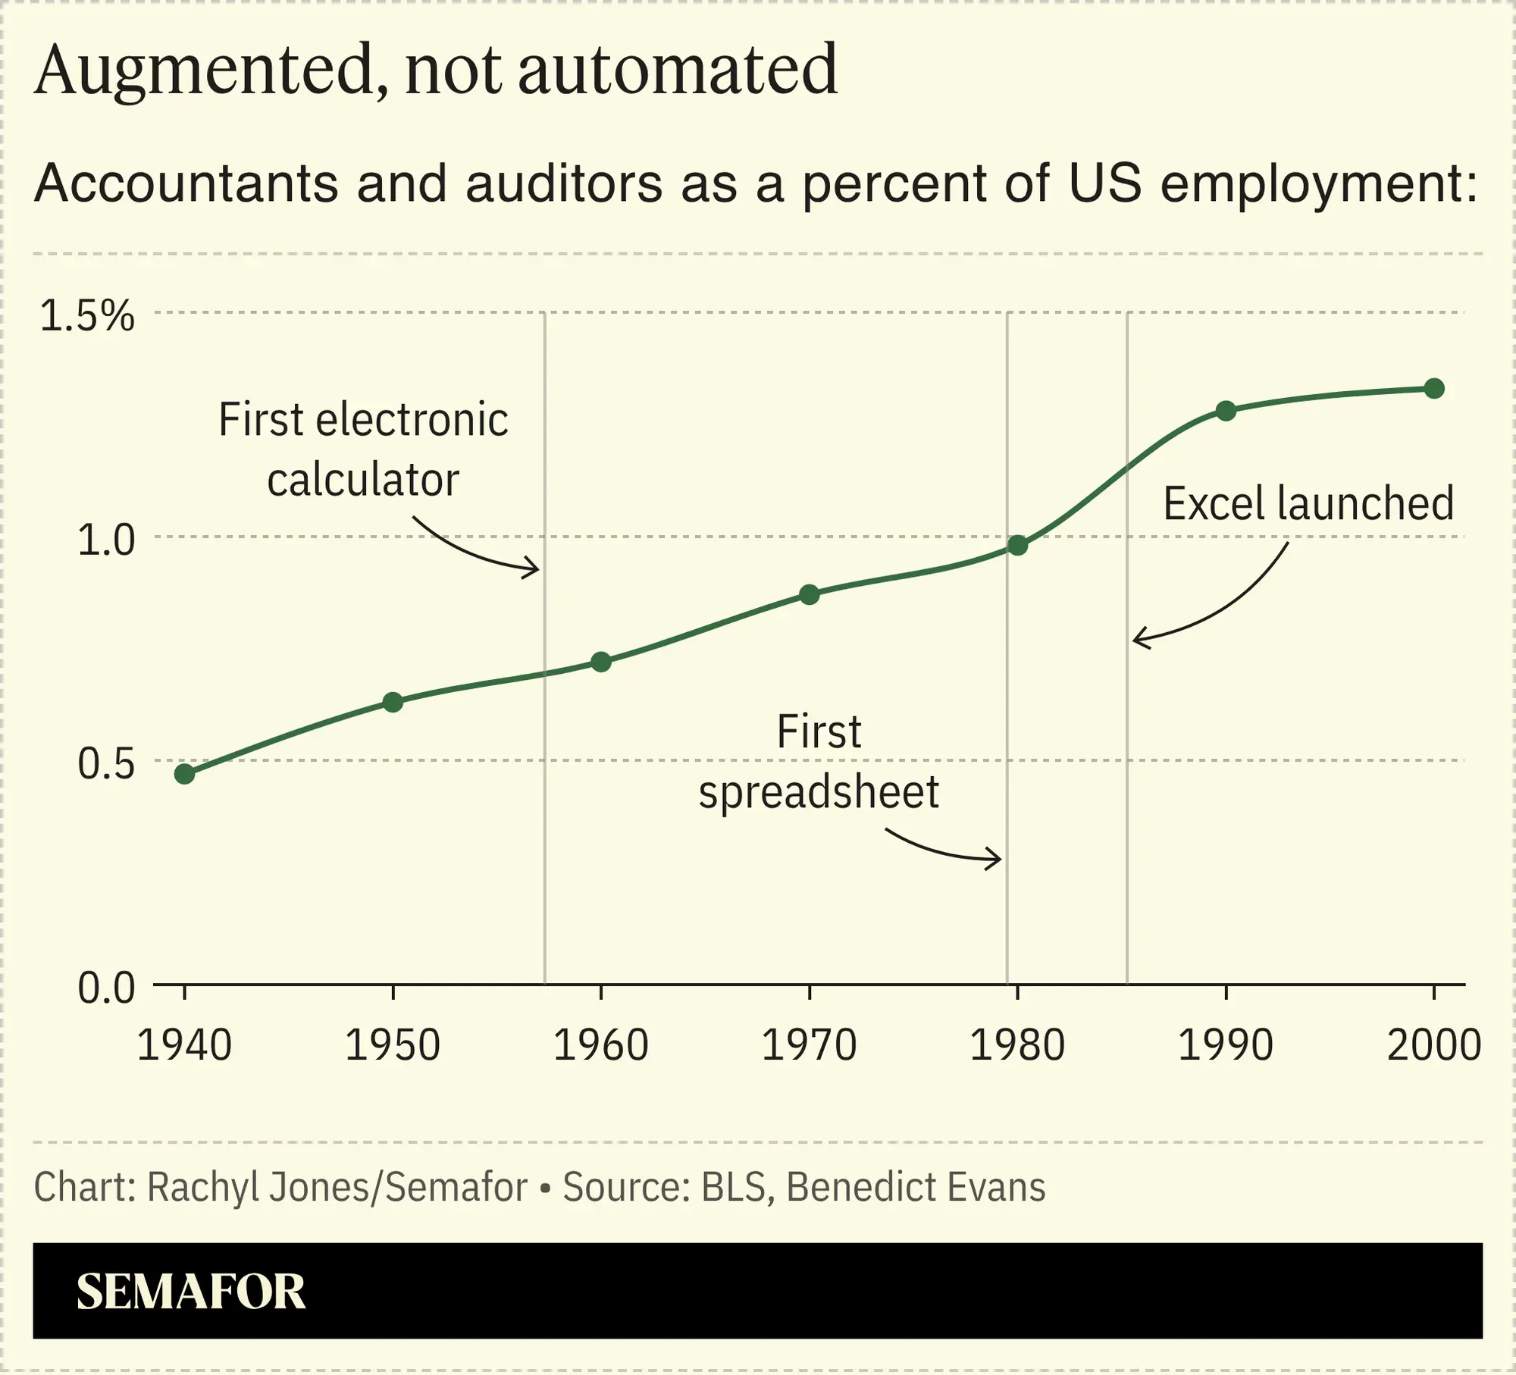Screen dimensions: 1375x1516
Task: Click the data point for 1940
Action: coord(184,774)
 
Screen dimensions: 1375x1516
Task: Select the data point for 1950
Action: coord(393,702)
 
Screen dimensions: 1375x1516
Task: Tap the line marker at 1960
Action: coord(601,662)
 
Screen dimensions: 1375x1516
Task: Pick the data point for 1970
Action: coord(810,594)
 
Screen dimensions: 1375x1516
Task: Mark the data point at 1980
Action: coord(1017,545)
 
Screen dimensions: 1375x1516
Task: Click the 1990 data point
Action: coord(1226,411)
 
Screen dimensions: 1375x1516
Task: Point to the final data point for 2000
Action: coord(1434,389)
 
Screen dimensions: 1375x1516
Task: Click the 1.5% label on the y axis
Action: coord(87,315)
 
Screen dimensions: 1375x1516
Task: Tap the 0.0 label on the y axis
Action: coord(106,988)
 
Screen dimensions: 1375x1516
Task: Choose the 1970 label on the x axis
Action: coord(809,1045)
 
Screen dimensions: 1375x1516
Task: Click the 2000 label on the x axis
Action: coord(1433,1045)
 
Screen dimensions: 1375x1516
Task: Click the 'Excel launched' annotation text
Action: coord(1308,504)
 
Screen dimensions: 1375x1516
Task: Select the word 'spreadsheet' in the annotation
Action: coord(819,792)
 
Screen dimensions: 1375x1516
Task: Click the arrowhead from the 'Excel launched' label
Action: coord(1138,640)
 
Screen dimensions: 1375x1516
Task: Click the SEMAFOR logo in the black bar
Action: coord(191,1292)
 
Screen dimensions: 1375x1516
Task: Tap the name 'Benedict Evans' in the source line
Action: coord(916,1187)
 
